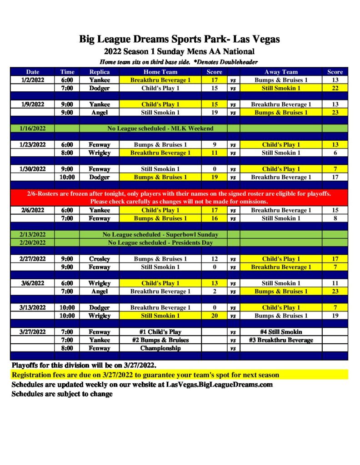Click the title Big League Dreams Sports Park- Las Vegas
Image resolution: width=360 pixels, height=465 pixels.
pos(180,39)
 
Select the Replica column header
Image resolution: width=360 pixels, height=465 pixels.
pos(99,72)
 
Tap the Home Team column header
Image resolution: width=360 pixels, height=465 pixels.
pos(160,72)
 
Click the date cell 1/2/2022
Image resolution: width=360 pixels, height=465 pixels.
pos(33,80)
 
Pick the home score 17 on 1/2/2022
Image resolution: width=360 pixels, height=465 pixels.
pos(214,80)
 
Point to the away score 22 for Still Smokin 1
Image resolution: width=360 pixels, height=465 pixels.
pos(335,88)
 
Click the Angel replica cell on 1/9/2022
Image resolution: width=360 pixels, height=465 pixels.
pos(99,113)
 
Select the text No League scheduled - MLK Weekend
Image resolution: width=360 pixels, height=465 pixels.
pos(160,129)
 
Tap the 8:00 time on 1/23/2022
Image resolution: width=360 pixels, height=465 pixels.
pos(67,153)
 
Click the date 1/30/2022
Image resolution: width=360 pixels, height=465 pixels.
pos(33,169)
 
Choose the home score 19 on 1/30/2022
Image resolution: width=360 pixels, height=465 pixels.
pos(214,177)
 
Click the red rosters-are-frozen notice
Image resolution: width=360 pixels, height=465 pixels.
pos(180,197)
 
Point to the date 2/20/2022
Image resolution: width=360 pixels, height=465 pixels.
pos(33,242)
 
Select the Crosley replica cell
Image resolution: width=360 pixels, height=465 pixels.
pos(99,259)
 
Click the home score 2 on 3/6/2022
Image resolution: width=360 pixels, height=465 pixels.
pos(214,291)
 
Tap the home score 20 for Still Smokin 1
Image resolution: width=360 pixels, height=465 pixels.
pos(214,316)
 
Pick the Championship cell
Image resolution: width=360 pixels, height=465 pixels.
pos(160,348)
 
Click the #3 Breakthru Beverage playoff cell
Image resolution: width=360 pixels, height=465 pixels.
pos(281,340)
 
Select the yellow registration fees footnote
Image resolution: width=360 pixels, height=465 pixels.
pos(145,375)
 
